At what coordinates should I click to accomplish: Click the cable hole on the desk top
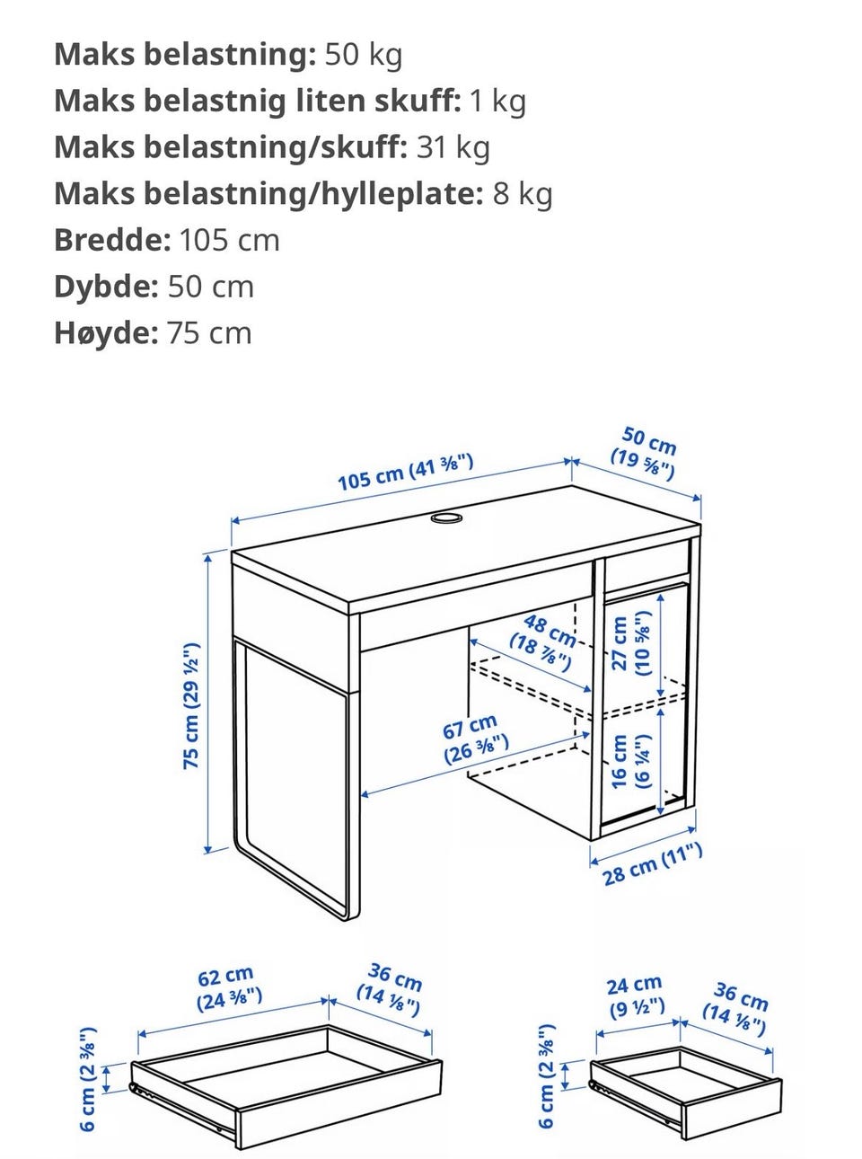pos(446,518)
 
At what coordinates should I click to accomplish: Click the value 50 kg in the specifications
pos(364,54)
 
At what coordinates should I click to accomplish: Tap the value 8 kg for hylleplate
pos(523,193)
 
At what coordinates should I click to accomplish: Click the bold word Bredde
pos(113,240)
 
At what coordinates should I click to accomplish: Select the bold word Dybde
pos(107,287)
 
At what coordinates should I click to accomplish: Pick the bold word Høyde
pos(107,332)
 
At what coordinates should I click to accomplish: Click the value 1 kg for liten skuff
pos(497,101)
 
